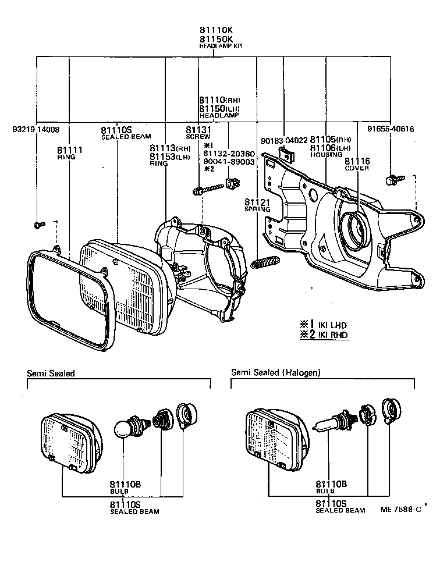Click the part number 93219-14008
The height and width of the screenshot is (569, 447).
pos(36,129)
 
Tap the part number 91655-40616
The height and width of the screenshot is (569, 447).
pos(391,129)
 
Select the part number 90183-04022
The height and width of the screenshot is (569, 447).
pos(283,140)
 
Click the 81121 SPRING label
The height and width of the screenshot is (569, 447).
pos(257,204)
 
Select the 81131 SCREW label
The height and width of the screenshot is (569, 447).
pos(198,133)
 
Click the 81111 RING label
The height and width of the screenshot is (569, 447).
pos(69,153)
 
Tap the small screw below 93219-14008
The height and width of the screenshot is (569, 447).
pos(38,223)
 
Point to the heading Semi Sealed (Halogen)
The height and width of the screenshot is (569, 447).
pos(275,372)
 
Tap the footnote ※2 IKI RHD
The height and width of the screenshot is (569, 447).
pos(324,335)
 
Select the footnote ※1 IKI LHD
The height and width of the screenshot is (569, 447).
pos(324,323)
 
